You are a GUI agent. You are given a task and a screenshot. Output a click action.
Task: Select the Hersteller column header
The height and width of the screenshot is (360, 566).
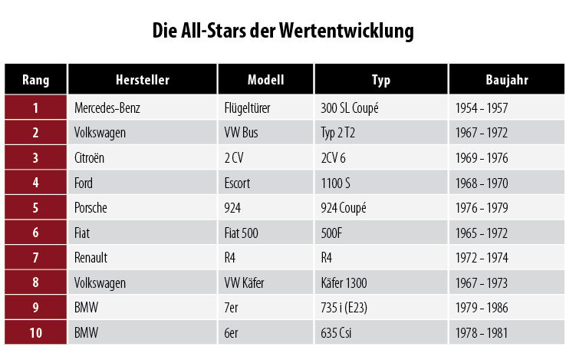[142, 80]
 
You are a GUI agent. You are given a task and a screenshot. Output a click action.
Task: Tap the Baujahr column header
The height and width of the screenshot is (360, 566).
[506, 80]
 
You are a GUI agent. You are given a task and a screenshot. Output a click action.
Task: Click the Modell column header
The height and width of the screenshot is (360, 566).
[265, 80]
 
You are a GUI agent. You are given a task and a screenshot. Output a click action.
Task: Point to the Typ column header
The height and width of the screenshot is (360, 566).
[381, 80]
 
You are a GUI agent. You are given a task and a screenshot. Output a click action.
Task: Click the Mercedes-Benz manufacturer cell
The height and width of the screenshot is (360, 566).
[107, 108]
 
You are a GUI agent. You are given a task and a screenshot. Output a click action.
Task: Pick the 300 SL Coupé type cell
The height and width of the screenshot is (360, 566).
[349, 108]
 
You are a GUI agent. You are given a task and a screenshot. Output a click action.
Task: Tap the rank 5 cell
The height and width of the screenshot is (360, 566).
[35, 208]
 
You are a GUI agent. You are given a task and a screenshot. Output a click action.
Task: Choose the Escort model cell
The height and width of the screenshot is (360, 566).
[238, 183]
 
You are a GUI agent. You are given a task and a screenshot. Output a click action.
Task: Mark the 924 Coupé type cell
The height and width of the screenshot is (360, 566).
[343, 208]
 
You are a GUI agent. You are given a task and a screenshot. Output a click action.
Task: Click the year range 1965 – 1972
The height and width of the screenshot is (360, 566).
[481, 233]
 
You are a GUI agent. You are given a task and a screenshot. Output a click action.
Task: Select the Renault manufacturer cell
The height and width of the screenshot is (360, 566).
[91, 259]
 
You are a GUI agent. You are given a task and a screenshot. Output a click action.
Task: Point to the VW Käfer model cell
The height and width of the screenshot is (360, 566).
[244, 283]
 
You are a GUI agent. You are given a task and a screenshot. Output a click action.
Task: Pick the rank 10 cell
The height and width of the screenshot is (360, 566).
[35, 334]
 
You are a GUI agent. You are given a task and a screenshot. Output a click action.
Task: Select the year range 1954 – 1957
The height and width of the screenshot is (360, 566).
[481, 108]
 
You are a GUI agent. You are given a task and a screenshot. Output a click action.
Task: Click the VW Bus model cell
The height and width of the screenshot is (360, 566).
[241, 133]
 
